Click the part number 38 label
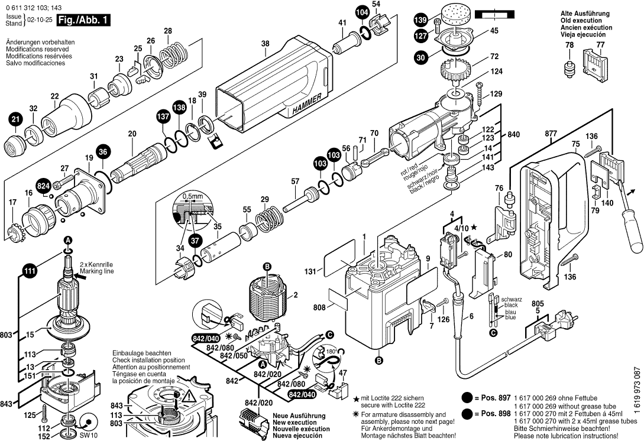265,43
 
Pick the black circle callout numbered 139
419,20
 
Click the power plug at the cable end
547,327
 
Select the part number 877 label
551,135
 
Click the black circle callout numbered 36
103,152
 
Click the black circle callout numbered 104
362,12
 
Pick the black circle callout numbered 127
421,35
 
